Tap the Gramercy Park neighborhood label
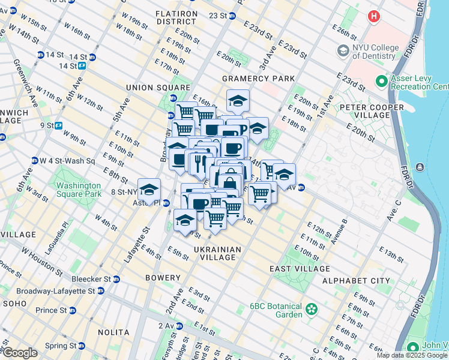pyautogui.click(x=259, y=79)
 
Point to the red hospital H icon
pyautogui.click(x=375, y=16)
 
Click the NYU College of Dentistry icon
pyautogui.click(x=343, y=50)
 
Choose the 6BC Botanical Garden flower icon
pyautogui.click(x=311, y=310)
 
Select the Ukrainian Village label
pyautogui.click(x=217, y=253)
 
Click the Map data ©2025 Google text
pyautogui.click(x=412, y=355)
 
